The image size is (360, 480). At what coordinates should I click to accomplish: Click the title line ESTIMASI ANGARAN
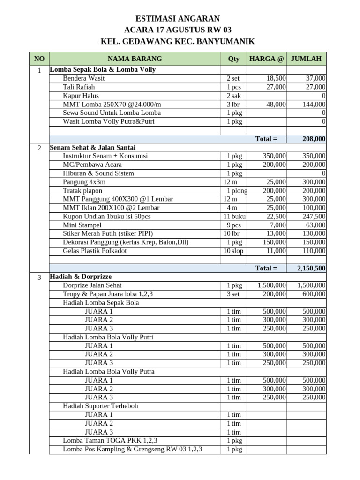(x=178, y=19)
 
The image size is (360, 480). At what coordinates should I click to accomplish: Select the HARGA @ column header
(x=266, y=59)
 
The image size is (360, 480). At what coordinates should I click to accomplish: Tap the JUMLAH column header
(x=306, y=59)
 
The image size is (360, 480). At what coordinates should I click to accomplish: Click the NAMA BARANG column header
(x=135, y=59)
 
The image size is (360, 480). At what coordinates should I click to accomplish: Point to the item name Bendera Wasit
(x=83, y=78)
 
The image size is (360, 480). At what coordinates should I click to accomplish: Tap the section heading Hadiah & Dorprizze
(x=81, y=277)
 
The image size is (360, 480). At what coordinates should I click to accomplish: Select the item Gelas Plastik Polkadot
(x=95, y=251)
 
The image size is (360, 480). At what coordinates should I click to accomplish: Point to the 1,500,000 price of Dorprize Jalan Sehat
(x=271, y=285)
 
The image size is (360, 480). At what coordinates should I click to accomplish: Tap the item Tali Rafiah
(x=79, y=87)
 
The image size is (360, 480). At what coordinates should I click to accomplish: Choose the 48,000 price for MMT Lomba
(x=276, y=104)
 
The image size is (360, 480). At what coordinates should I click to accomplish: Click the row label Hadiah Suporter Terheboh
(x=100, y=406)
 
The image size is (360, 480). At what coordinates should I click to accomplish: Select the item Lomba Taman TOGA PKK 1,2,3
(x=110, y=441)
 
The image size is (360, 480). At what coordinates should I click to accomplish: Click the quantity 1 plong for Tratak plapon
(x=237, y=191)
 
